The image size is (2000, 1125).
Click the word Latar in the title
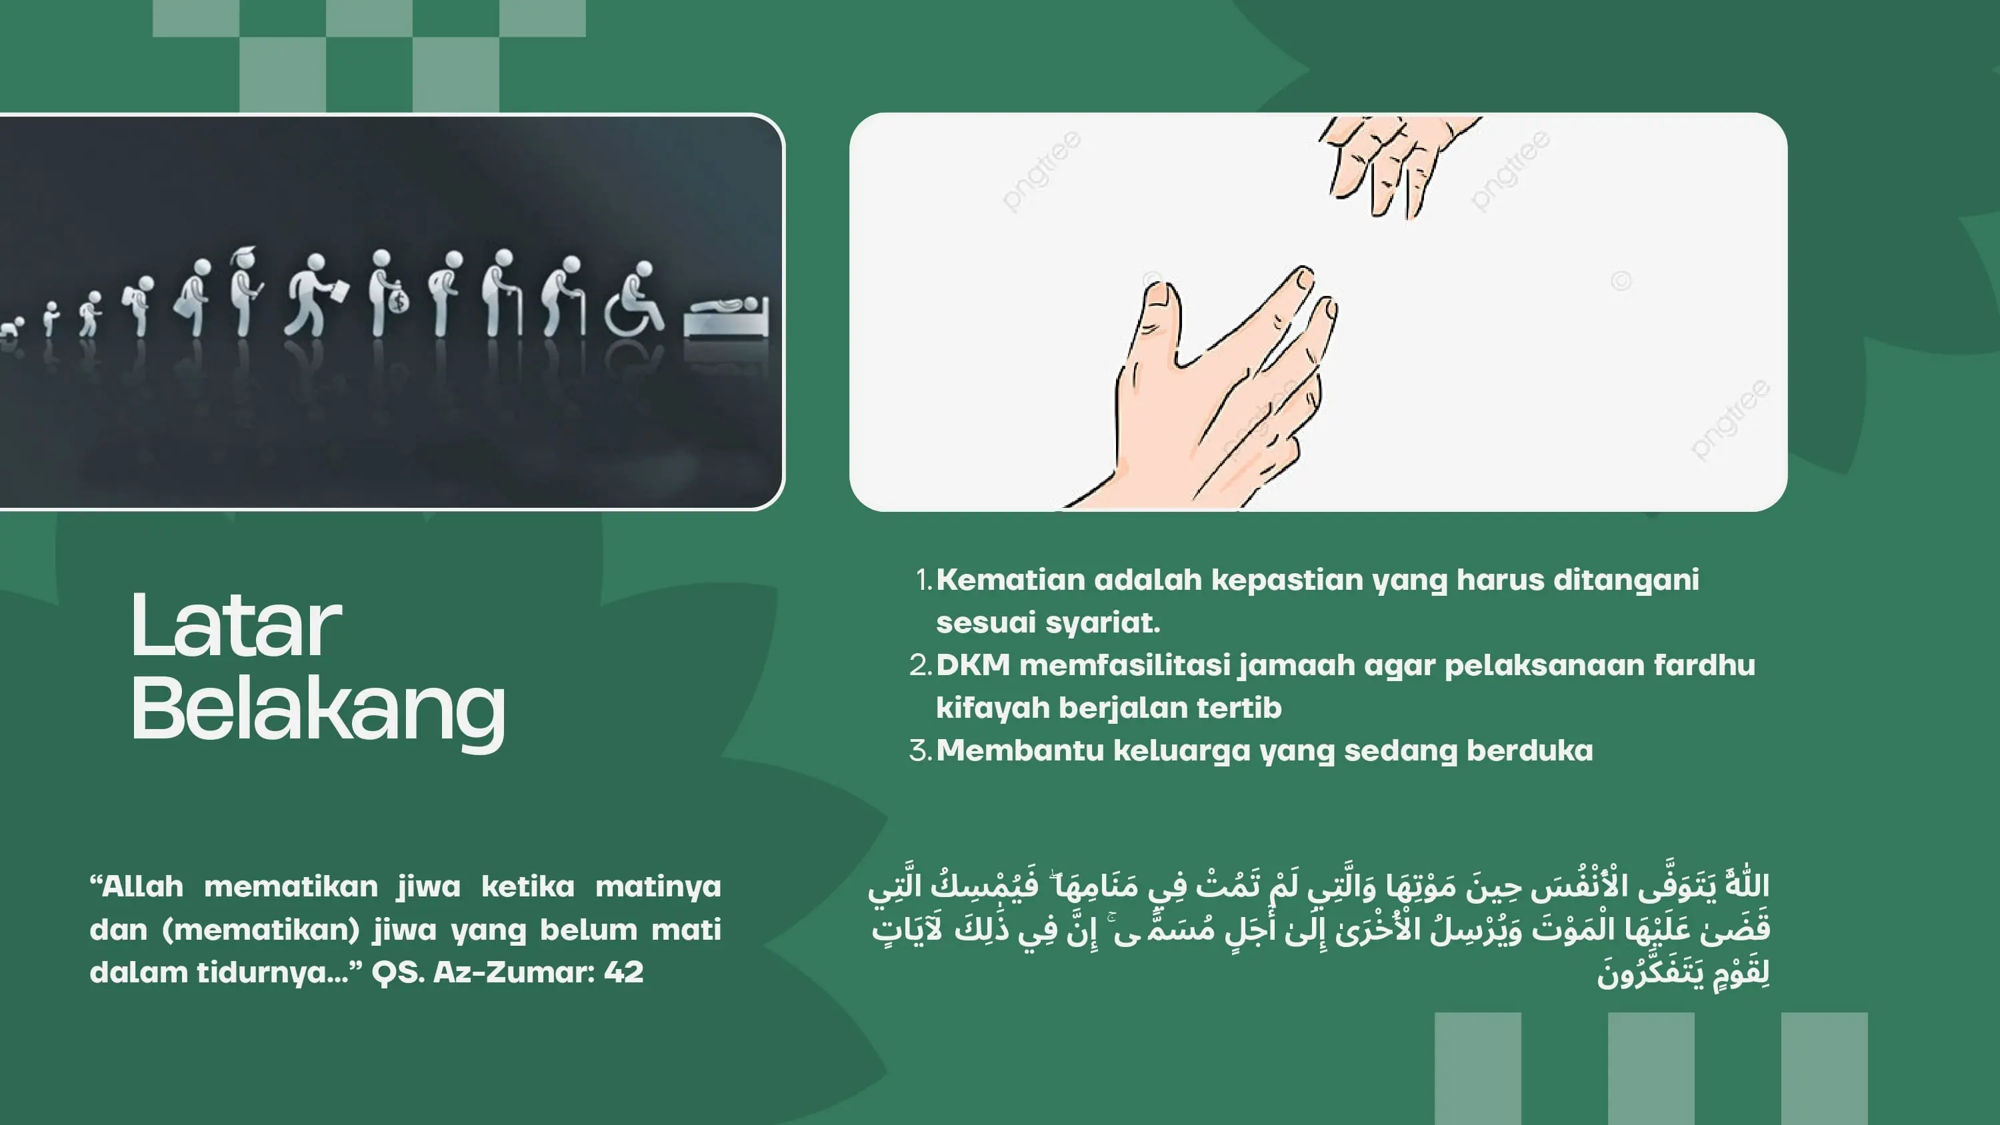[x=236, y=626]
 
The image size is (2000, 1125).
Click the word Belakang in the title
[x=318, y=709]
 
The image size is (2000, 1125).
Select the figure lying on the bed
[x=727, y=315]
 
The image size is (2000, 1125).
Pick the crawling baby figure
[x=11, y=326]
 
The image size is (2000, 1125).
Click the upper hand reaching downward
[x=1390, y=163]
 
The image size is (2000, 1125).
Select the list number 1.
[x=923, y=580]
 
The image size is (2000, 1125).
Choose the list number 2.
[x=921, y=665]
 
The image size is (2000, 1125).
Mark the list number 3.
[x=921, y=750]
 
